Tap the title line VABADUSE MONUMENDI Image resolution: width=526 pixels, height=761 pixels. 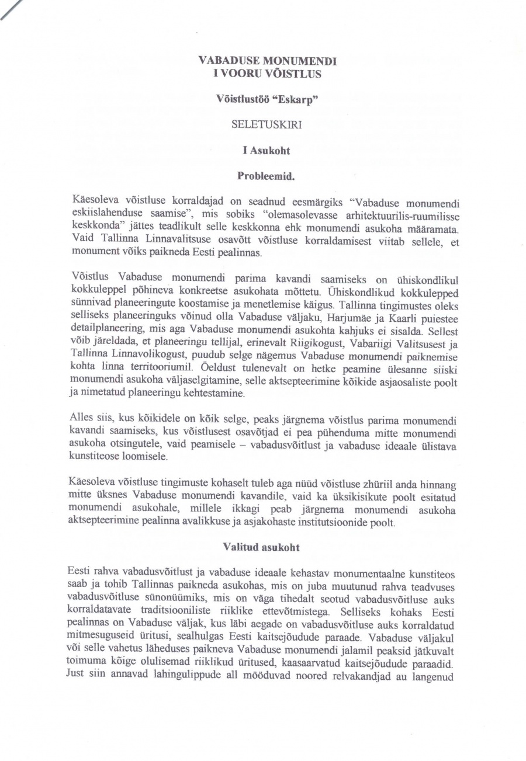click(268, 60)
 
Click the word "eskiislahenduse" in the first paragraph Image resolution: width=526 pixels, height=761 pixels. click(106, 214)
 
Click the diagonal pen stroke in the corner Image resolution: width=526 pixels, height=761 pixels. click(12, 10)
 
